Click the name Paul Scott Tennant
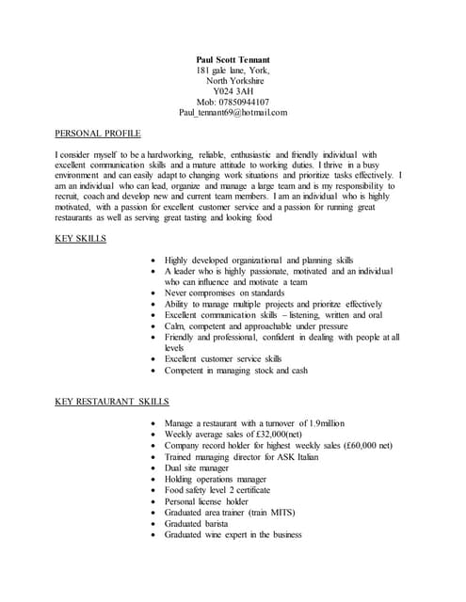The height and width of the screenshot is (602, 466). [233, 59]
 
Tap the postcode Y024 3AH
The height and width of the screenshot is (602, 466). [233, 91]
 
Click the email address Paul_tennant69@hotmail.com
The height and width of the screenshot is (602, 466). [233, 112]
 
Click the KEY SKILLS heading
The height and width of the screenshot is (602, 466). [81, 238]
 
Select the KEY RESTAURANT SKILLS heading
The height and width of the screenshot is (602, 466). [112, 402]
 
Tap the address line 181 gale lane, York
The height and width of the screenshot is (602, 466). [233, 71]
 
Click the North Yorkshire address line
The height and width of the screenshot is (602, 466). [233, 81]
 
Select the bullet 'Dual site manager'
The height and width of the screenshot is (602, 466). [196, 467]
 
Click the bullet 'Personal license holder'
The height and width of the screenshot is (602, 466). [206, 501]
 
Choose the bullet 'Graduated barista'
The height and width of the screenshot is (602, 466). [195, 523]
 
